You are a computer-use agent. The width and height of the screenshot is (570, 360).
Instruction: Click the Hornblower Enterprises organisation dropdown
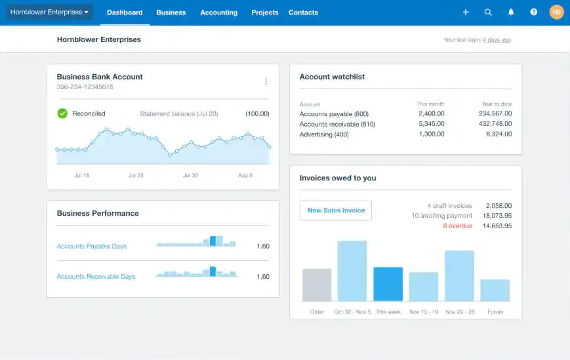click(x=49, y=12)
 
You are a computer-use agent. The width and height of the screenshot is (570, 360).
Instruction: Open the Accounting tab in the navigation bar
click(x=218, y=12)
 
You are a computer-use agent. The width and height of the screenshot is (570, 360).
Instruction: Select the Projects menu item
click(x=264, y=12)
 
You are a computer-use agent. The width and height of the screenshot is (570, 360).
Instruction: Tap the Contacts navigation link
click(x=303, y=12)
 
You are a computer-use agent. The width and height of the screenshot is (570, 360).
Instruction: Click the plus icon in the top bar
click(x=466, y=12)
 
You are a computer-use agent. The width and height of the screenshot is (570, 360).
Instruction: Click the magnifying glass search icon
click(x=488, y=12)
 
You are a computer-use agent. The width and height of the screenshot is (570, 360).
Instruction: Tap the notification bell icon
click(x=511, y=12)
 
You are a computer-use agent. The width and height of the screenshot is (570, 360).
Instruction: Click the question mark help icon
click(x=534, y=12)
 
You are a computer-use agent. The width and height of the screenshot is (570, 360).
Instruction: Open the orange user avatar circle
click(x=556, y=12)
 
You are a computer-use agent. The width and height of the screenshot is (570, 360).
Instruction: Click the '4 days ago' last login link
click(x=497, y=40)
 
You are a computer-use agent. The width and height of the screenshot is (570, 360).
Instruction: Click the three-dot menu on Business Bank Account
click(x=266, y=81)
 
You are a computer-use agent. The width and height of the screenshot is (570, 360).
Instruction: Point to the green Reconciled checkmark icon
click(x=62, y=113)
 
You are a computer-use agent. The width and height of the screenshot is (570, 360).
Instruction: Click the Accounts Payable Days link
click(x=92, y=247)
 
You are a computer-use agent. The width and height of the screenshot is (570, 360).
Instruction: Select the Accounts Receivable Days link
click(x=96, y=277)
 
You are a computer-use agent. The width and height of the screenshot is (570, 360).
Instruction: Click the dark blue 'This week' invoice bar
click(x=388, y=284)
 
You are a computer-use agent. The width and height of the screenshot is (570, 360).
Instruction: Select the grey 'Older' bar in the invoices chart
click(x=317, y=285)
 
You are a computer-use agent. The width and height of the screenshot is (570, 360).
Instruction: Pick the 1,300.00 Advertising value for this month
click(x=431, y=134)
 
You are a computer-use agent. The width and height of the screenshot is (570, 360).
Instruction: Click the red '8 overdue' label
click(x=457, y=226)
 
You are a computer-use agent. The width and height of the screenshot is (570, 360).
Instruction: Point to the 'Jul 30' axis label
click(x=190, y=176)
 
